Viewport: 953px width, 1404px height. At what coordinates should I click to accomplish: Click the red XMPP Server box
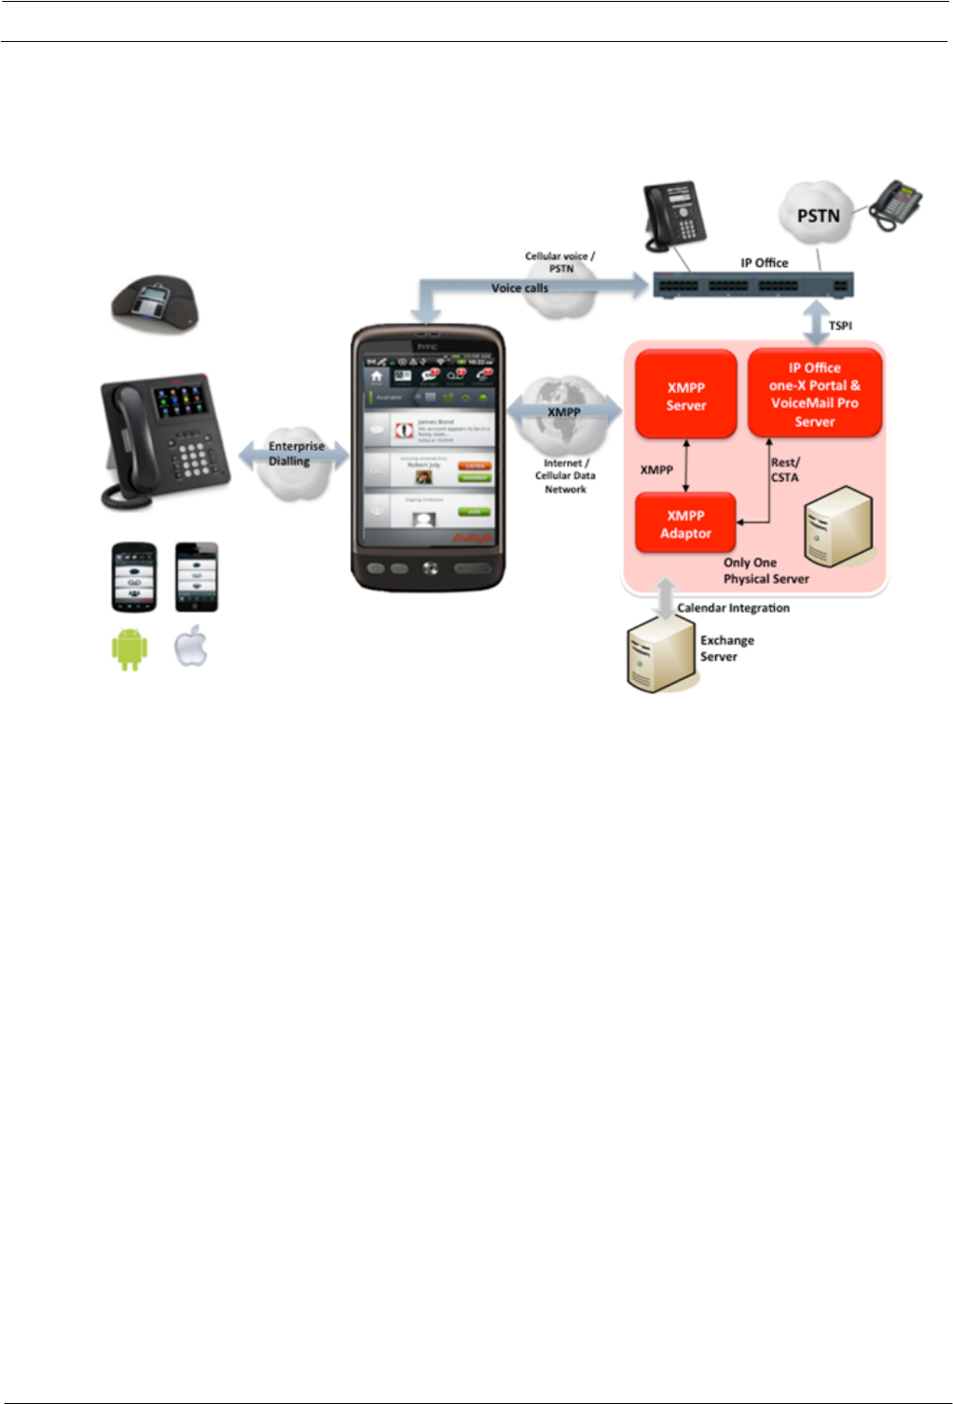pos(686,396)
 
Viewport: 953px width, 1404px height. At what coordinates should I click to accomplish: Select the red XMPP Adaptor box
pos(685,523)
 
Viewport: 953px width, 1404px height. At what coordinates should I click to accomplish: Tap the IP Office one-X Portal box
pos(814,394)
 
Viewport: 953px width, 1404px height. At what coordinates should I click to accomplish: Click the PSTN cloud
pos(817,215)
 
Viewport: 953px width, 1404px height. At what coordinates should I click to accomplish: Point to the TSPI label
pos(840,326)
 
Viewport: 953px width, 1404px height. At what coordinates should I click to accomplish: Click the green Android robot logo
pos(130,649)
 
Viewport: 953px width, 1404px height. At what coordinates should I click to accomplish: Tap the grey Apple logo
pos(192,646)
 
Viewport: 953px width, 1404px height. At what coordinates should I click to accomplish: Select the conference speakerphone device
pos(155,302)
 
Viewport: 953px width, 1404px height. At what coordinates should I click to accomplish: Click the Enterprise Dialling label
pos(297,453)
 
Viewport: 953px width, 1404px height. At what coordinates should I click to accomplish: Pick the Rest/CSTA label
pos(784,469)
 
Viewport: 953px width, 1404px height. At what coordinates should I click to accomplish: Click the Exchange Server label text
pos(726,648)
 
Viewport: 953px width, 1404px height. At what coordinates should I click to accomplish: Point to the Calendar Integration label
pos(733,608)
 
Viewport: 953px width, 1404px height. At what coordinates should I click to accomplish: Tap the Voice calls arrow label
pos(519,288)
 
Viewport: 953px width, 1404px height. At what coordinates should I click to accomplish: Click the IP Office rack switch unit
pos(752,285)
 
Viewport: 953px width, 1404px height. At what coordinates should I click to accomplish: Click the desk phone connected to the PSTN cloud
pos(896,204)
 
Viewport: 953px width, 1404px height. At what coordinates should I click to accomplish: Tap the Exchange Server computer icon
pos(659,659)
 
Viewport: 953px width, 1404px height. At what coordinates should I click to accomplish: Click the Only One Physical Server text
pos(766,570)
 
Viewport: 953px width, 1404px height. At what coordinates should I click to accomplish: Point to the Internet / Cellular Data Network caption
pos(565,476)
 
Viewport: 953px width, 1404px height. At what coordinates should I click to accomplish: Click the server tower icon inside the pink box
pos(838,528)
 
